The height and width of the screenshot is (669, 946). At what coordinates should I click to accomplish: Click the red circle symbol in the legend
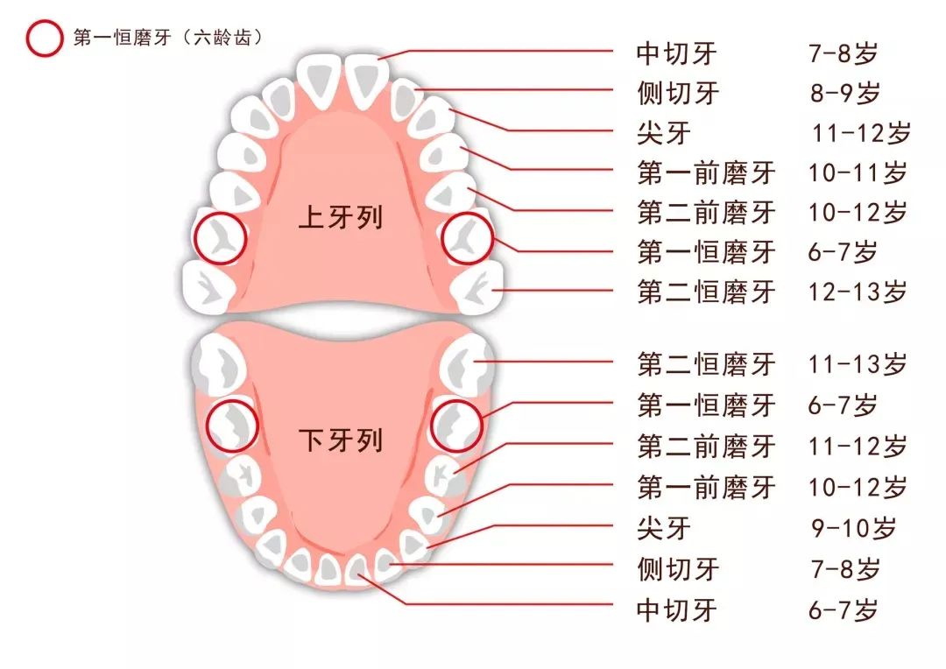pos(44,39)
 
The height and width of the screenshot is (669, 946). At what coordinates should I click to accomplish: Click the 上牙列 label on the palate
pos(341,216)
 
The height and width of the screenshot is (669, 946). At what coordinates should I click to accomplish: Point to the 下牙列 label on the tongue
pos(341,440)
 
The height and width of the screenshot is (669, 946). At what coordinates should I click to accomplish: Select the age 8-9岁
pos(844,92)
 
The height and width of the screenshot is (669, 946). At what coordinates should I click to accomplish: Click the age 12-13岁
pos(858,292)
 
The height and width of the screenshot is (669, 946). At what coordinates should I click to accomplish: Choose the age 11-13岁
pos(858,363)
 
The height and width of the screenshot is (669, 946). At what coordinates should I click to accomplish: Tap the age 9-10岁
pos(854,528)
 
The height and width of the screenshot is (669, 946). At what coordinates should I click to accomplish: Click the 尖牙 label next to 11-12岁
pos(664,133)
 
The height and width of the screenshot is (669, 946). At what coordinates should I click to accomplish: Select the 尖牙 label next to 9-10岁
pos(664,528)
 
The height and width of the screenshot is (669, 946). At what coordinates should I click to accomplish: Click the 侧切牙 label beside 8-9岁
pos(677,92)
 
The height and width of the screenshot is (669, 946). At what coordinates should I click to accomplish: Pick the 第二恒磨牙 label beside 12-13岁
pos(706,292)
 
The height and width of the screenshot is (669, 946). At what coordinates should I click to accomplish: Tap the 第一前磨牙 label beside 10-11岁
pos(706,173)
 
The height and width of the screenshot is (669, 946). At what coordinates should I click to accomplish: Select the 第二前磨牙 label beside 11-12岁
pos(706,447)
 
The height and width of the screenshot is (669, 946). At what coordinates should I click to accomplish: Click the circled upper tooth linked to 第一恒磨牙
pos(467,238)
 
